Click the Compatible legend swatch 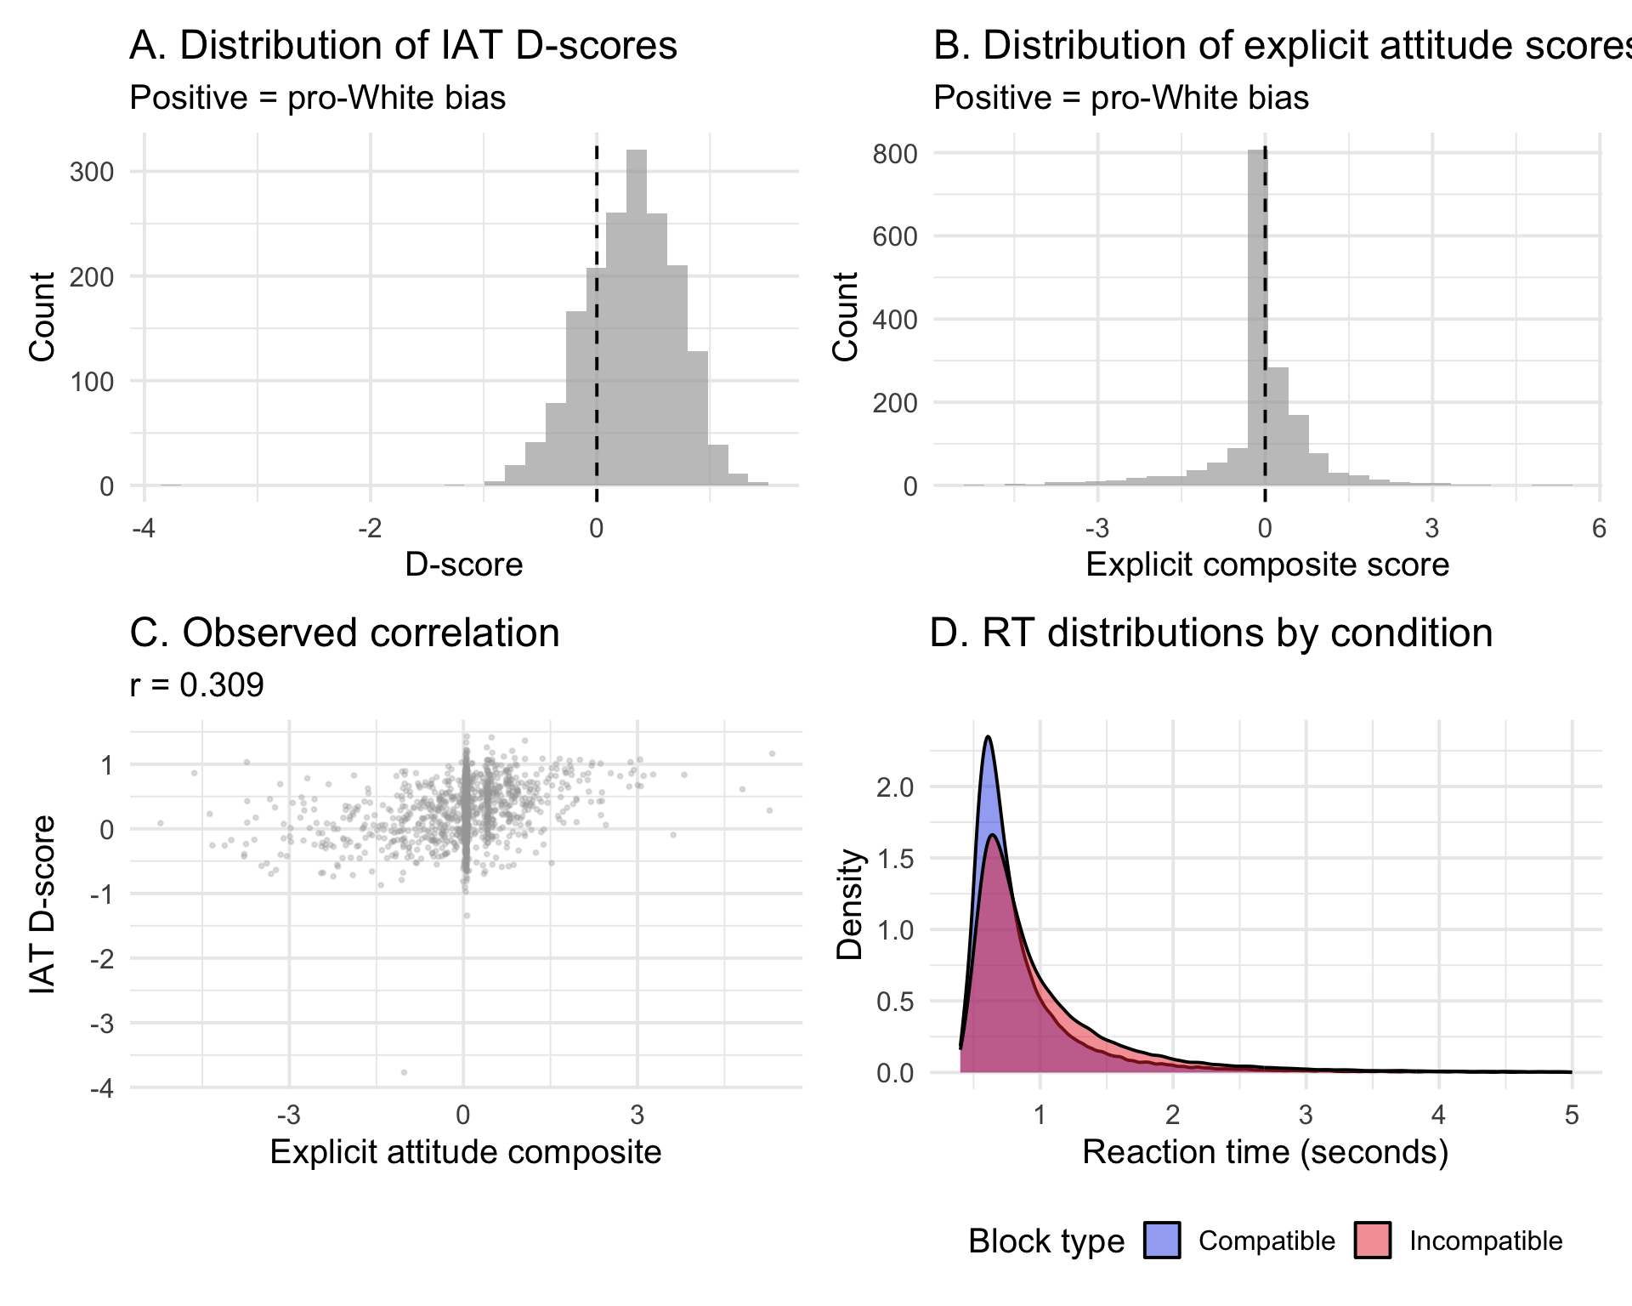point(1162,1241)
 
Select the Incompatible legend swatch point(1373,1241)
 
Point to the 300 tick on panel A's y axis point(92,173)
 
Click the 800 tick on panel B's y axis point(895,154)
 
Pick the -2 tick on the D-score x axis point(370,529)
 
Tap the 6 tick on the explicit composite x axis point(1599,529)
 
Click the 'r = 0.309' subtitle point(196,685)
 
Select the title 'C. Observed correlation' point(344,633)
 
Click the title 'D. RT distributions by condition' point(1211,633)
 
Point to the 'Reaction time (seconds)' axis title point(1265,1153)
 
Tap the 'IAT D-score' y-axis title point(42,905)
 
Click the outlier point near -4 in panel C point(404,1072)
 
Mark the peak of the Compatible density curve point(988,737)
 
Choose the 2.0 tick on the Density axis point(895,787)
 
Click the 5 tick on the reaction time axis point(1572,1116)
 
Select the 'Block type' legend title point(1046,1241)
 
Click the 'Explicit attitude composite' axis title point(466,1153)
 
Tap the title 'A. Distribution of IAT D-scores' point(403,46)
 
